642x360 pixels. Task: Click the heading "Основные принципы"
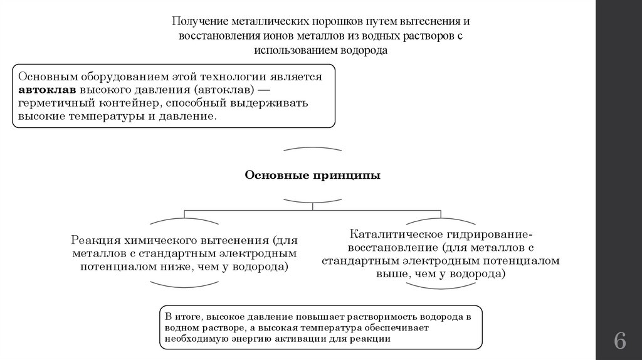coord(312,176)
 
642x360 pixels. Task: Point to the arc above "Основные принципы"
coord(312,149)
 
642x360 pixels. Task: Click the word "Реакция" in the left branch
coord(97,241)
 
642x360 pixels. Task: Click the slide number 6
coord(619,342)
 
